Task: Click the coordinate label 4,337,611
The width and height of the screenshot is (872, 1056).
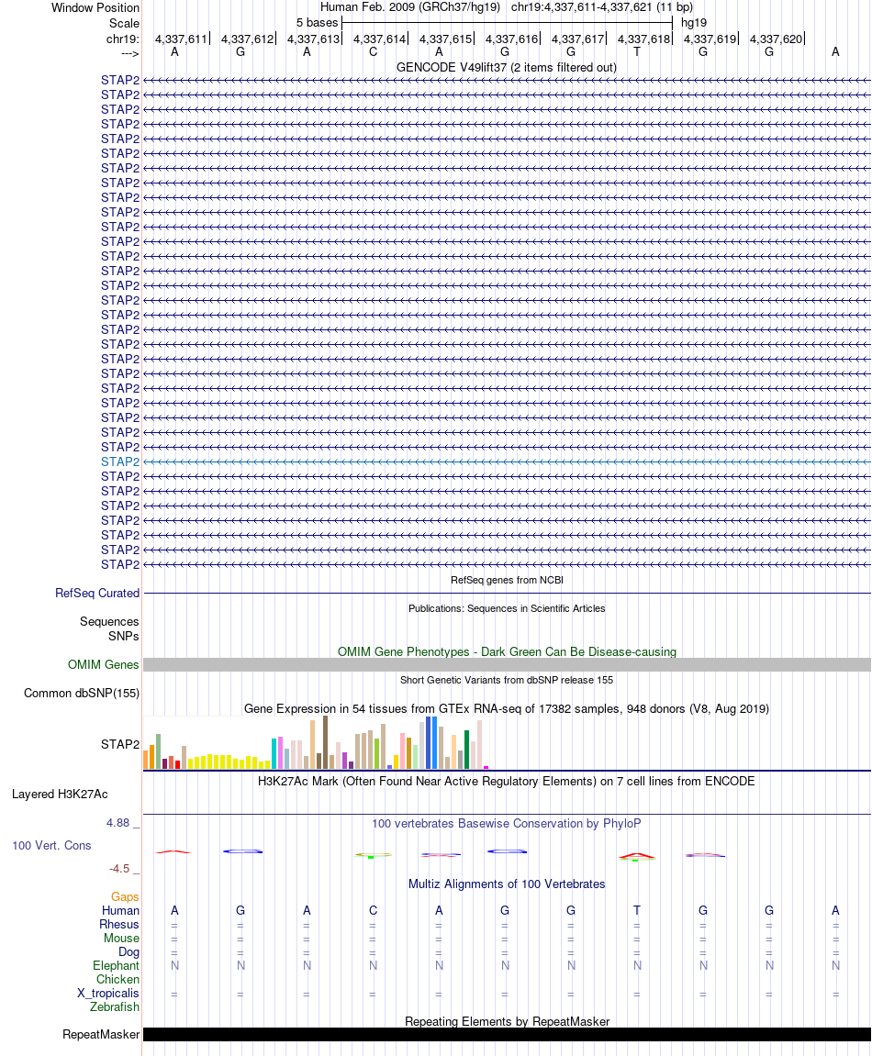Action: [182, 39]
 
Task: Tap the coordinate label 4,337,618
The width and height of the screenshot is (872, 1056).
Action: [644, 39]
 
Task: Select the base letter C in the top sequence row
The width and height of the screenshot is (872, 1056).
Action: [373, 52]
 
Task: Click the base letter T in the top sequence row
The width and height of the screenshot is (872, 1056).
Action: [637, 52]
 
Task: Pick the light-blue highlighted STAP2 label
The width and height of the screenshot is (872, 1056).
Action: [120, 461]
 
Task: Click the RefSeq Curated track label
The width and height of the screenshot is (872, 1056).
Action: [97, 594]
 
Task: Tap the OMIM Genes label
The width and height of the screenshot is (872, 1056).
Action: [104, 665]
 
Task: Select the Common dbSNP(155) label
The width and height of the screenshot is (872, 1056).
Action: [82, 694]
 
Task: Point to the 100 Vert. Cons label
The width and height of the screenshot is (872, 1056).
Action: [51, 845]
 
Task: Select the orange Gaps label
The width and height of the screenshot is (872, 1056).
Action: [125, 896]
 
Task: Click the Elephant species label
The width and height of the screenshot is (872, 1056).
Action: [116, 965]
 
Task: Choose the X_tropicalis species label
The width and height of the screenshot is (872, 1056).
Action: [108, 994]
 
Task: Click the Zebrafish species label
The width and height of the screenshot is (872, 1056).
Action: [115, 1007]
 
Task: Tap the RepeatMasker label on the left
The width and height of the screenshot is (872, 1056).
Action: [101, 1035]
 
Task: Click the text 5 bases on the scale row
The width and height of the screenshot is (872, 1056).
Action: [317, 22]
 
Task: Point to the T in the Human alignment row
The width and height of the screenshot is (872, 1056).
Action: [637, 910]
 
